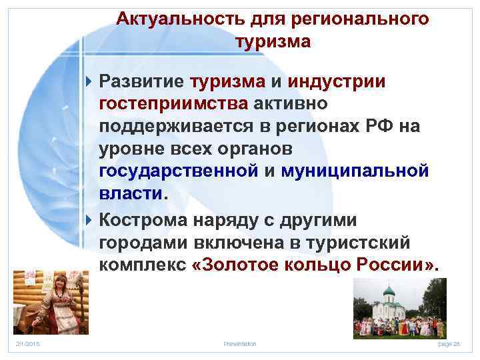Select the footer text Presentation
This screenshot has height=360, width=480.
[239, 343]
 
